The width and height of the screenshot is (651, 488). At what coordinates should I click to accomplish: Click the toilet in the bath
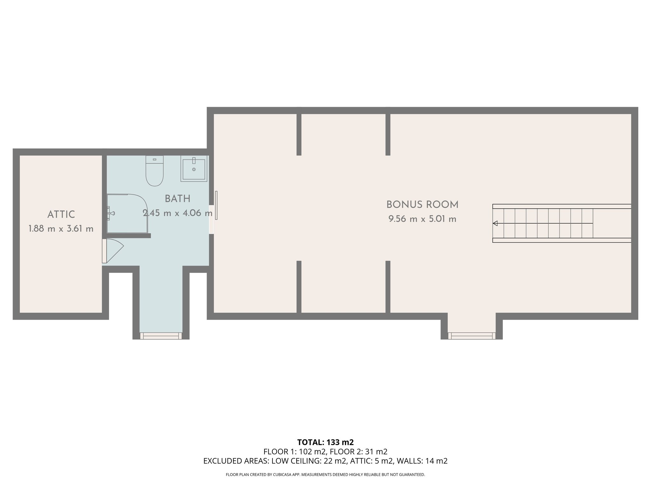(154, 172)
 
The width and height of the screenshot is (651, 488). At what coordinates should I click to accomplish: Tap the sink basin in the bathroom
(194, 169)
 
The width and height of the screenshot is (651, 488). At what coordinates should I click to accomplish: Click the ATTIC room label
(61, 214)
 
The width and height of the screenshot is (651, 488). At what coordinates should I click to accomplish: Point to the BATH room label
(177, 199)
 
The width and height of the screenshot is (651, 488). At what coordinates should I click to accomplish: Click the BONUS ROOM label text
(422, 205)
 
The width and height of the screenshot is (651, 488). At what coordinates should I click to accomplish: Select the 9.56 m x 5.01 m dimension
(422, 219)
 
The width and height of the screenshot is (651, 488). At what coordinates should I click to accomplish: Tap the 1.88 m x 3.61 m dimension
(61, 229)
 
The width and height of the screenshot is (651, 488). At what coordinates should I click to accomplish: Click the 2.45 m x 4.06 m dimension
(177, 213)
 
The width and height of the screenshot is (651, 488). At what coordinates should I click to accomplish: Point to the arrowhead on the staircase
(495, 223)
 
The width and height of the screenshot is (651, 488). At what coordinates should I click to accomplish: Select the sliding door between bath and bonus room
(216, 205)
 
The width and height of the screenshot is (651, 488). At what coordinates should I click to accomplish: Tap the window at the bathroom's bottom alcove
(161, 336)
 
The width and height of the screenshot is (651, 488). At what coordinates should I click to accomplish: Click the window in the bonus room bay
(471, 336)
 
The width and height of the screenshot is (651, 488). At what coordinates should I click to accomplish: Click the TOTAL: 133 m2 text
(325, 442)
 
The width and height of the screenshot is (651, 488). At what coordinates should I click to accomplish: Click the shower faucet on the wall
(110, 213)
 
